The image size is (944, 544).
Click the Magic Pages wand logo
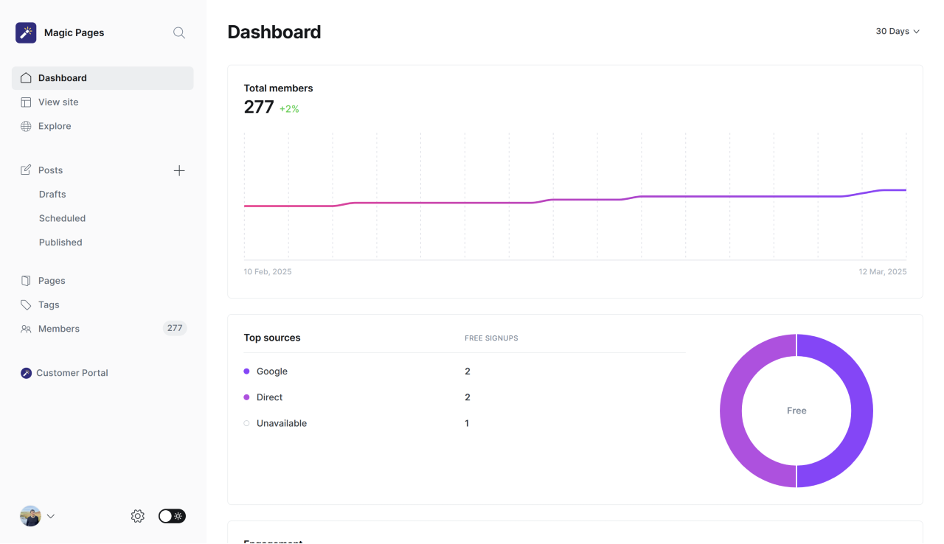(x=26, y=32)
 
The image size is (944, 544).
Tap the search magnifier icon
(x=179, y=32)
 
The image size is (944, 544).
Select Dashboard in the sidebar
(x=63, y=78)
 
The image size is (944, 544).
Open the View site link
(x=58, y=102)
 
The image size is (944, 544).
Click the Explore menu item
(x=55, y=126)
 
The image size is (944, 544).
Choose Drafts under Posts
(x=52, y=195)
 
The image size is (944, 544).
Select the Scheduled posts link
(x=62, y=218)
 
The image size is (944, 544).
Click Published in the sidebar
(x=60, y=243)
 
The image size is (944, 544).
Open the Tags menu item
(x=49, y=305)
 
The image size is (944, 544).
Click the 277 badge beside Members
(x=175, y=329)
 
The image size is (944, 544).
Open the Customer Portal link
(x=72, y=373)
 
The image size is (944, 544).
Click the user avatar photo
(x=30, y=516)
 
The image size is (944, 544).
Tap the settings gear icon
(x=138, y=516)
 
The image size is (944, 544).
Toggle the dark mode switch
(x=172, y=516)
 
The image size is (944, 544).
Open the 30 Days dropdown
(x=898, y=32)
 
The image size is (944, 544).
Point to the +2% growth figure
(x=289, y=109)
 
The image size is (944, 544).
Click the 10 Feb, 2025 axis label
(x=268, y=272)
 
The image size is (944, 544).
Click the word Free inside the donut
(x=796, y=411)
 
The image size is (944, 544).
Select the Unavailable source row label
(x=281, y=424)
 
